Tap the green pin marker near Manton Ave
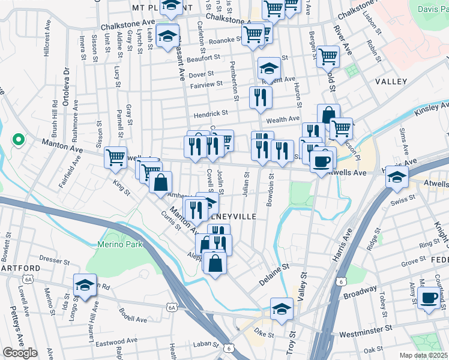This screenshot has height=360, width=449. (19, 140)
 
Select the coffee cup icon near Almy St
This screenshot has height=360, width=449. (429, 298)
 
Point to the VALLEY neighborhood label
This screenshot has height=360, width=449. (391, 81)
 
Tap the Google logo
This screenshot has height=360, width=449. (20, 352)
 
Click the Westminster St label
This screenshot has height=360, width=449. (365, 329)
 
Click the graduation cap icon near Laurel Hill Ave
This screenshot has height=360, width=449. (85, 285)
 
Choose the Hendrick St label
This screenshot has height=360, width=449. (210, 113)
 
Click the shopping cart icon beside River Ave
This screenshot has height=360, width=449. (328, 56)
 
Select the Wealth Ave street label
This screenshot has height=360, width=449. (283, 119)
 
